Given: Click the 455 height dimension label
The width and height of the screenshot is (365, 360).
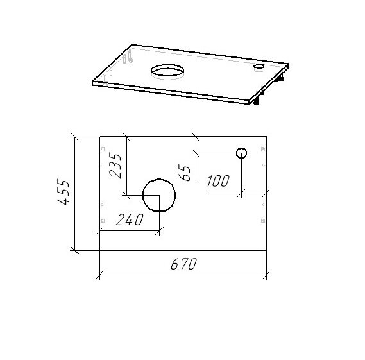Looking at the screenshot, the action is click(64, 192).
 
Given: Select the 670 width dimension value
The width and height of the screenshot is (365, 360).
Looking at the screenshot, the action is click(183, 264).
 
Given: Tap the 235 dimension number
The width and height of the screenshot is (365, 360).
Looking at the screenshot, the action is click(115, 166).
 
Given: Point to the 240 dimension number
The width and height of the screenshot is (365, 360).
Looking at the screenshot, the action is click(130, 220).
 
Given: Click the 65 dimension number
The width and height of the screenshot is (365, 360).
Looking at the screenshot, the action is click(185, 173).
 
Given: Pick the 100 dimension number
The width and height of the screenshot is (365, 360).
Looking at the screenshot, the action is click(218, 181).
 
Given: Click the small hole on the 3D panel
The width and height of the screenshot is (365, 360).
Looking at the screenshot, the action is click(259, 65).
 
